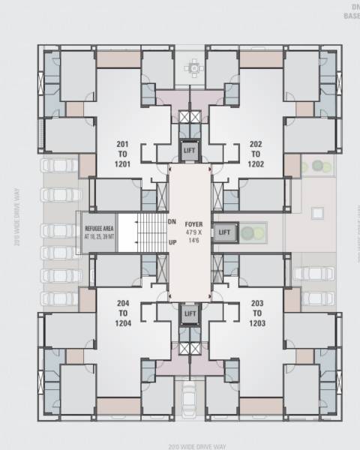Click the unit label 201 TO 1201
123,154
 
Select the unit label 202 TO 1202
255,154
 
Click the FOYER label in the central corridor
194,223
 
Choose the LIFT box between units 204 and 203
190,313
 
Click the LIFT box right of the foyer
224,232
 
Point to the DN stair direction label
172,222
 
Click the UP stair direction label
172,243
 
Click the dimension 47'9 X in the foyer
194,232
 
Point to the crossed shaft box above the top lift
190,118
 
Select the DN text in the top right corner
352,6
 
